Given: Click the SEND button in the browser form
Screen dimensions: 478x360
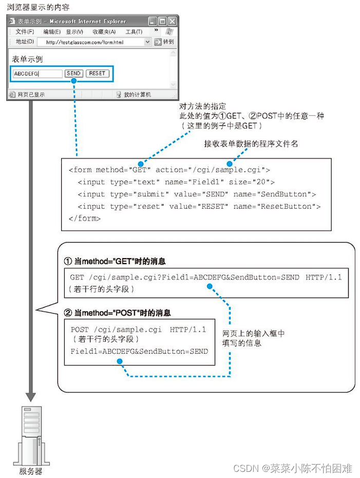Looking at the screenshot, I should [74, 73].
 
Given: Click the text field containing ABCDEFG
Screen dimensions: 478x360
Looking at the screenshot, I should [37, 73].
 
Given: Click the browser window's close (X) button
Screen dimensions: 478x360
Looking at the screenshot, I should [172, 22].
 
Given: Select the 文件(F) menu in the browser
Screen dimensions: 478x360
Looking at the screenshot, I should [25, 32].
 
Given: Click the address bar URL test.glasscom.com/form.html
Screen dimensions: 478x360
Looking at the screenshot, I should [85, 42].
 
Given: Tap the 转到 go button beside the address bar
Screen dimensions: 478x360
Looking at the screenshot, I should [164, 42].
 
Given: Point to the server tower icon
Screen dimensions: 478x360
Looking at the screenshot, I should [31, 429].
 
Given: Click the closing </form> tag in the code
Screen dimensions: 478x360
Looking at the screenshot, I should [84, 218].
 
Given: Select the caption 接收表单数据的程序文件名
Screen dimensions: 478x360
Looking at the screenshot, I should [251, 144].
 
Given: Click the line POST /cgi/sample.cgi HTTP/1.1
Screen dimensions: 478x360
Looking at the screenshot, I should [138, 329].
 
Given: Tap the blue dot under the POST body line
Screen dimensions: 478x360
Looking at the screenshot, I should [120, 361].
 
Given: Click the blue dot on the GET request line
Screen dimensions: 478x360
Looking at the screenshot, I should [209, 286].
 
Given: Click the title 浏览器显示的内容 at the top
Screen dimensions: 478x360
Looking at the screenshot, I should [34, 7].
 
